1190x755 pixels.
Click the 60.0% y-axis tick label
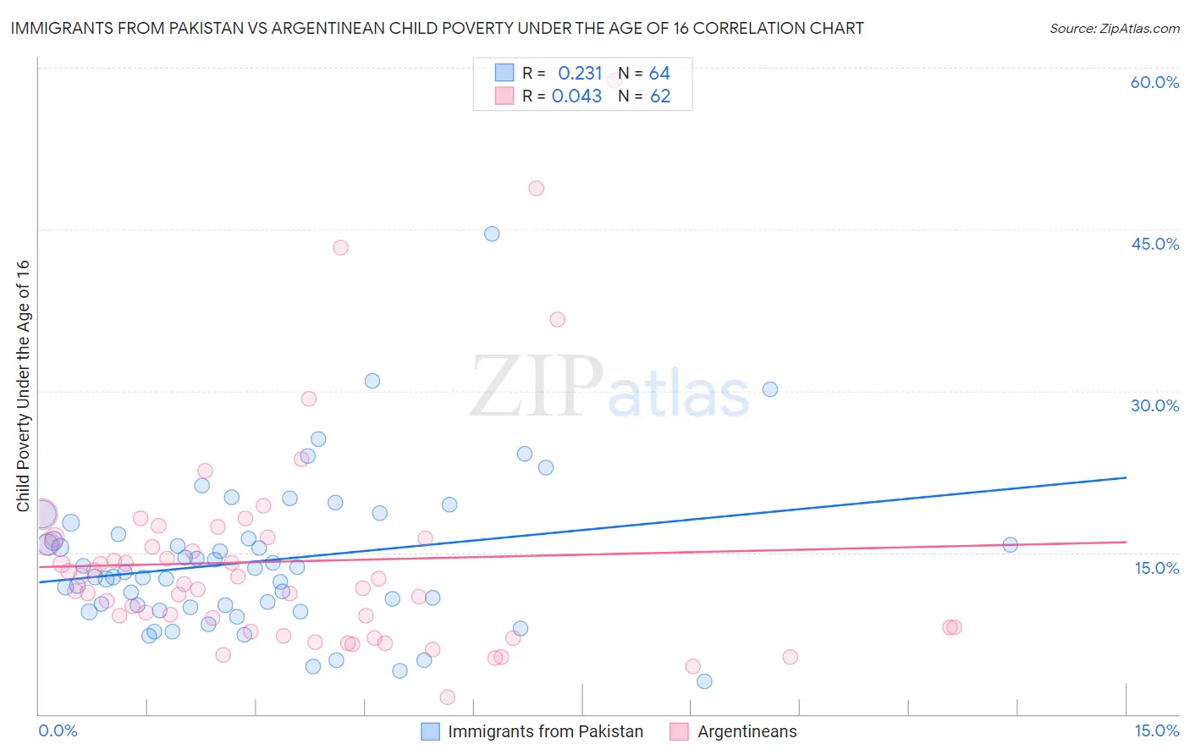point(1154,82)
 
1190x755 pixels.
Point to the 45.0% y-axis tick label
point(1154,244)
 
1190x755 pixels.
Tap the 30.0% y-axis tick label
point(1154,405)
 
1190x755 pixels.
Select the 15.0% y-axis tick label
point(1156,568)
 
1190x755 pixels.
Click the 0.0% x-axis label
point(58,730)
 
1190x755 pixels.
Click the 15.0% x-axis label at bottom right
point(1156,730)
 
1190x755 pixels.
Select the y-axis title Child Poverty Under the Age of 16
point(24,385)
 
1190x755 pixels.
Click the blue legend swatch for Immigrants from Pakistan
point(431,731)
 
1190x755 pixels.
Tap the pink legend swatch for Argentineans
point(679,731)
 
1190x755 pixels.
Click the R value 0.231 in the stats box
point(580,74)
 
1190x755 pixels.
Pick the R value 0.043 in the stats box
point(576,96)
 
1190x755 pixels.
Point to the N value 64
point(659,74)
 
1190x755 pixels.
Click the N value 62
point(659,96)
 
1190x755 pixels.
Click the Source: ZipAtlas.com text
point(1114,29)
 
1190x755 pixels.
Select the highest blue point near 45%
point(492,234)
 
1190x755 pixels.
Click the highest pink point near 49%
point(536,189)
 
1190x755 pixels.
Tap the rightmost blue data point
point(1010,544)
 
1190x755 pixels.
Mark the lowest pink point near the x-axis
point(448,697)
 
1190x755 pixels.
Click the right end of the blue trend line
point(1126,477)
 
